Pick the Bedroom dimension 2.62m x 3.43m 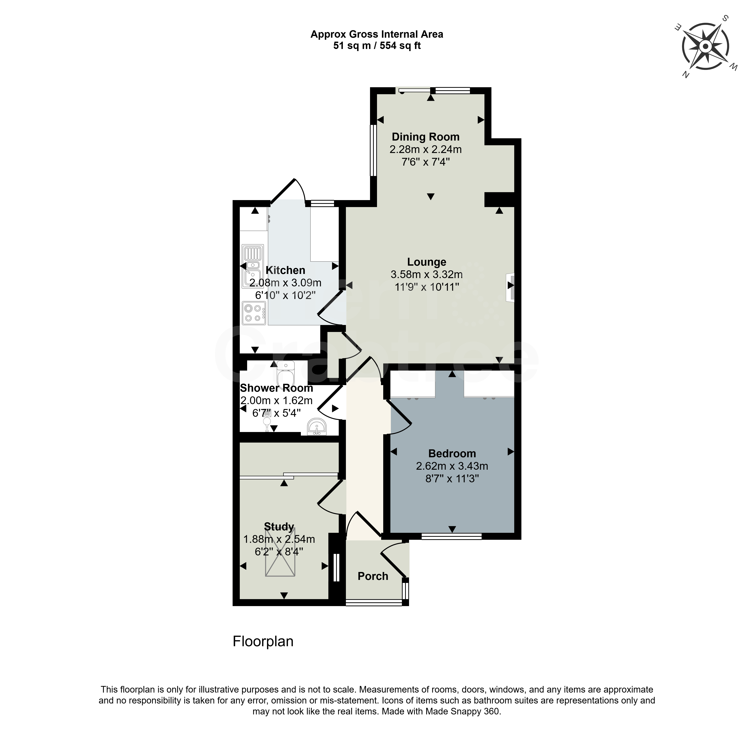click(452, 466)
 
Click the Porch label click(373, 576)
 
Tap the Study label click(279, 526)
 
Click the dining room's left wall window click(373, 150)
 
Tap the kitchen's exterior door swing click(288, 191)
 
